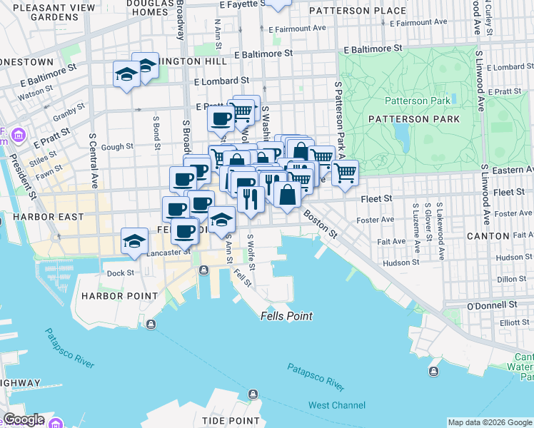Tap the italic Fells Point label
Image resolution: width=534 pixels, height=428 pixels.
point(286,316)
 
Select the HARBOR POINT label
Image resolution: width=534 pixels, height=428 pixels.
point(119,295)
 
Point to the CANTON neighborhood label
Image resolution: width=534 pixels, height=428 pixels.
point(488,235)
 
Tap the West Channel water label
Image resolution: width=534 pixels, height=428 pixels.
point(336,406)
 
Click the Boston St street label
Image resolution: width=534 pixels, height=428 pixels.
point(321,222)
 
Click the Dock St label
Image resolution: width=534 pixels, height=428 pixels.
point(120,272)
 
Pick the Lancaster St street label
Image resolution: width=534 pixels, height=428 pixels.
point(168,252)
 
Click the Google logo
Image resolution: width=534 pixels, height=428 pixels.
point(23,419)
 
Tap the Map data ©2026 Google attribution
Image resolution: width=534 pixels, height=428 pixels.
point(489,422)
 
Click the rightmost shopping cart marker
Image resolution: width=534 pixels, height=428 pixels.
point(345,172)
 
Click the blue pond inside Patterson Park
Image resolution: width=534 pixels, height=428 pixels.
point(400,133)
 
